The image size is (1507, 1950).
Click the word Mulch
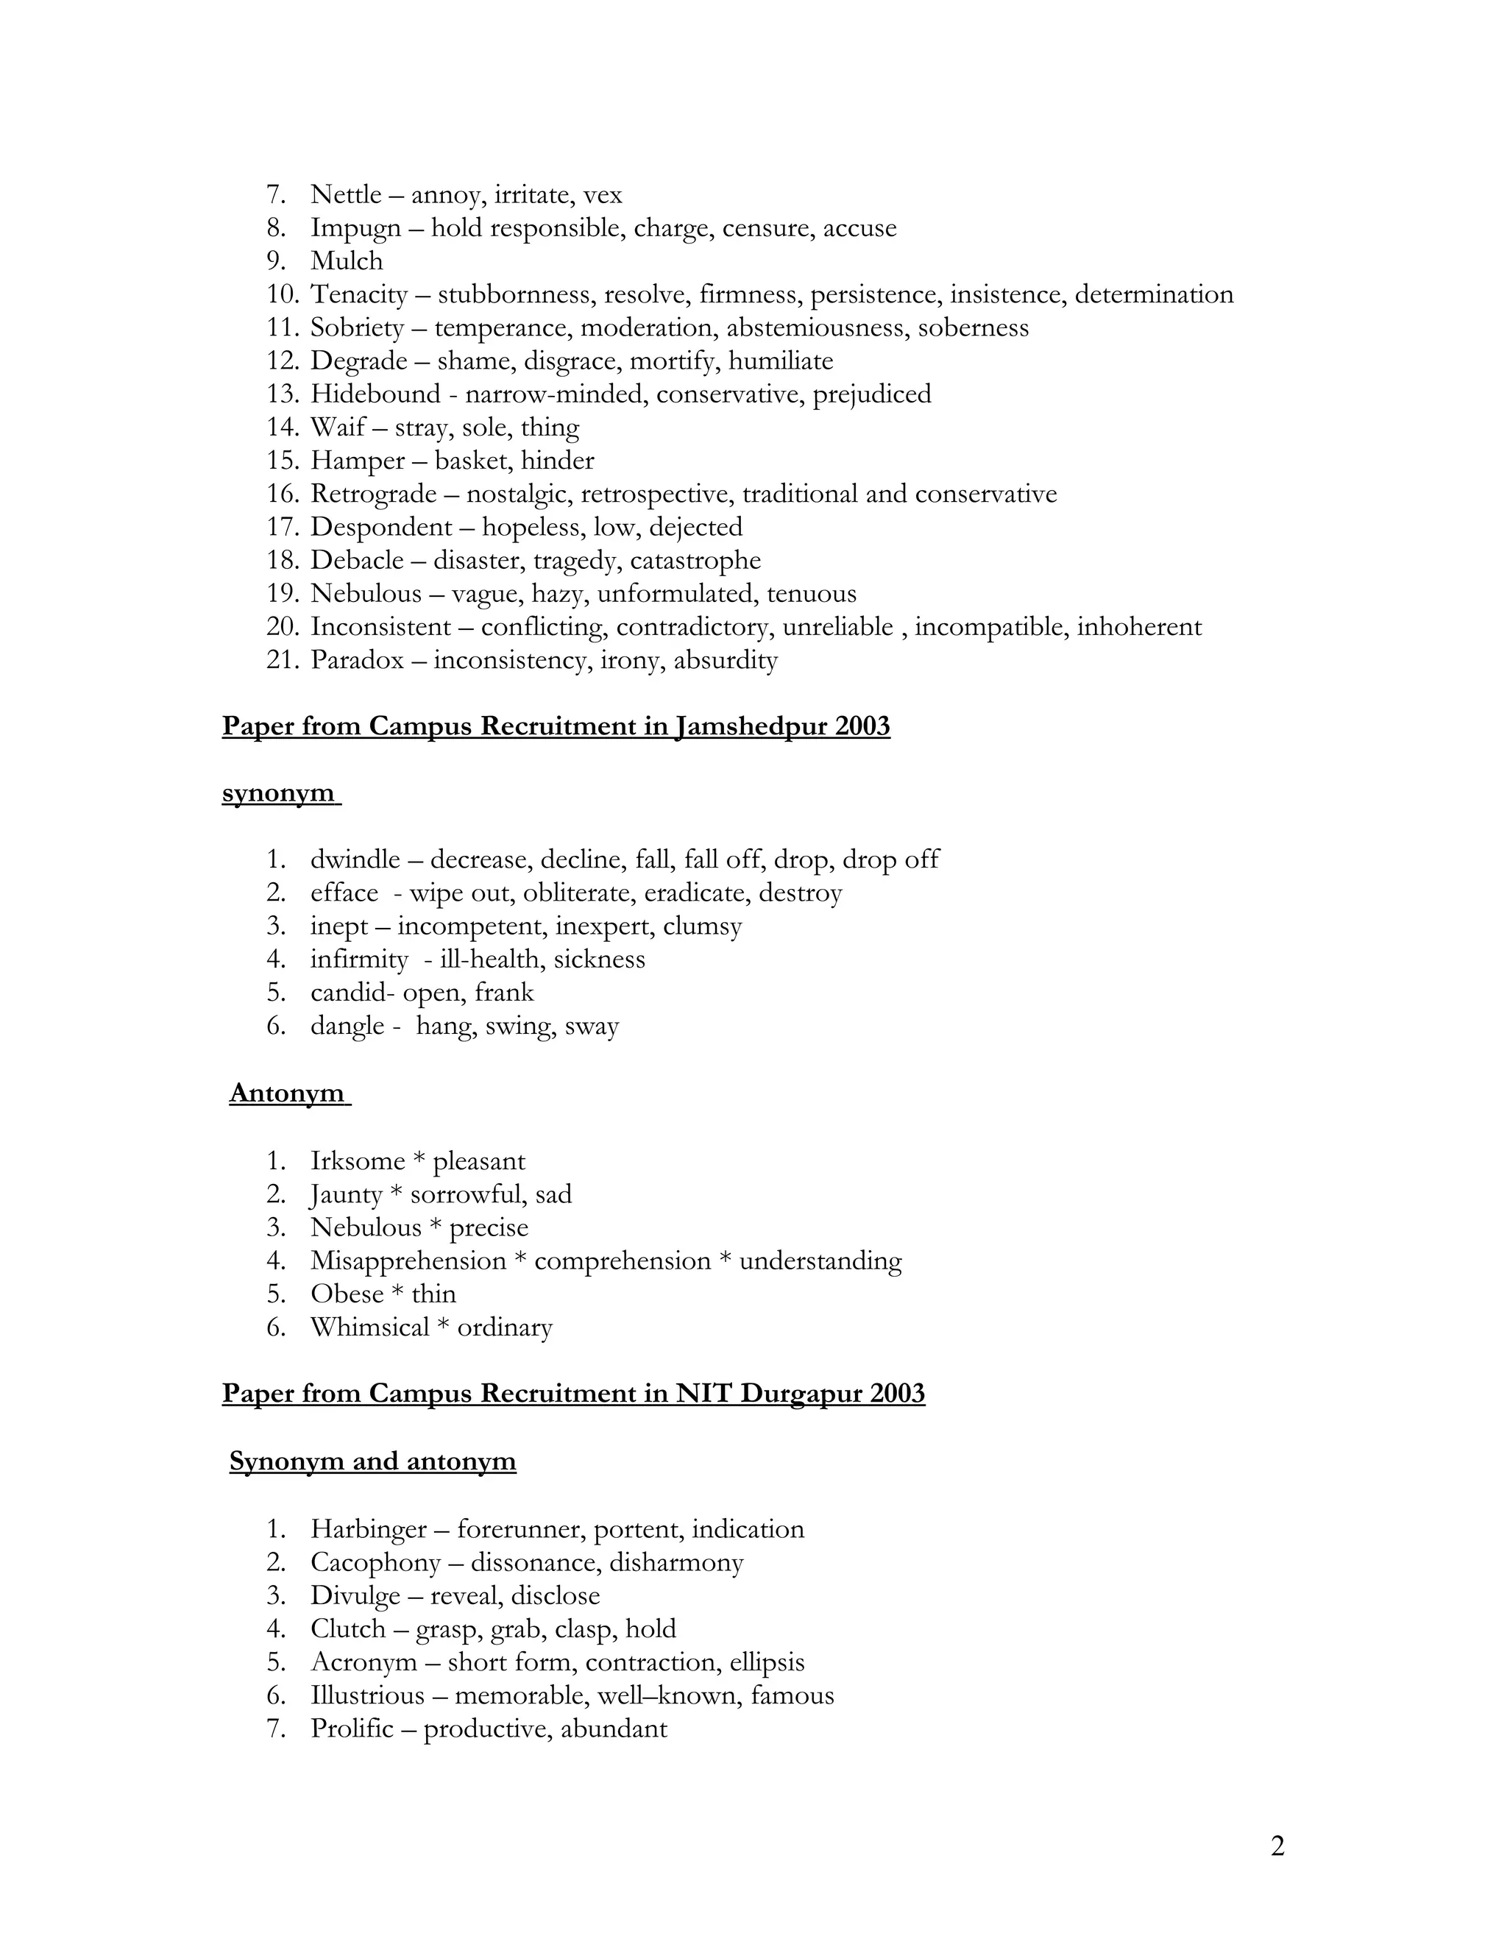tap(347, 260)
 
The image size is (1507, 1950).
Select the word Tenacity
tap(359, 294)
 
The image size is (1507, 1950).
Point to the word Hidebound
tap(375, 394)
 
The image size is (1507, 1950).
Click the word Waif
tap(338, 428)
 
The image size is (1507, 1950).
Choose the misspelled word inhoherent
tap(1139, 627)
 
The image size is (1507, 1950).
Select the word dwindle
tap(355, 859)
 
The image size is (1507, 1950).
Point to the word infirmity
tap(359, 960)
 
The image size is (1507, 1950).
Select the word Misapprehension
tap(408, 1261)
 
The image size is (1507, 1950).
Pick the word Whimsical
tap(369, 1327)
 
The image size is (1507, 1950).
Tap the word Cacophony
tap(375, 1562)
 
